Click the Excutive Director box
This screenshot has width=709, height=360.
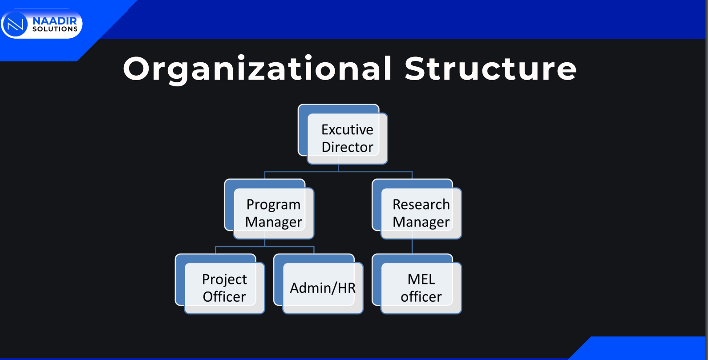point(343,134)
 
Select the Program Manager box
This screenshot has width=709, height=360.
point(269,209)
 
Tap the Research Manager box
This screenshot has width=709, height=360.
point(417,209)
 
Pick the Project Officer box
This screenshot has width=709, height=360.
point(220,284)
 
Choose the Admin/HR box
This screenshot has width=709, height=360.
point(318,284)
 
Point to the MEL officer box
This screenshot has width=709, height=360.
point(417,284)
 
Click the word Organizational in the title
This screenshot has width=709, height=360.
point(258,69)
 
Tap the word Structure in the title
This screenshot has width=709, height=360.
point(491,69)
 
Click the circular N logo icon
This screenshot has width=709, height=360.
point(15,24)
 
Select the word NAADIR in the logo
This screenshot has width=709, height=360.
point(55,21)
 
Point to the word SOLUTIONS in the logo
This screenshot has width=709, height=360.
point(55,29)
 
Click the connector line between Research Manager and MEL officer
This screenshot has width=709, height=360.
point(412,247)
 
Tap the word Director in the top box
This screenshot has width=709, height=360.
point(347,147)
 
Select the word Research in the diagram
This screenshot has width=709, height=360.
point(421,204)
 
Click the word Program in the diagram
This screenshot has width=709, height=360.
point(273,205)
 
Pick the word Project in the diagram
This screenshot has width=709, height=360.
point(224,280)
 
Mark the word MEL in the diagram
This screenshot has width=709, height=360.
point(421,279)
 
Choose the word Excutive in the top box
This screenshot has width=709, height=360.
point(347,129)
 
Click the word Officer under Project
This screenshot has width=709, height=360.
point(224,297)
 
